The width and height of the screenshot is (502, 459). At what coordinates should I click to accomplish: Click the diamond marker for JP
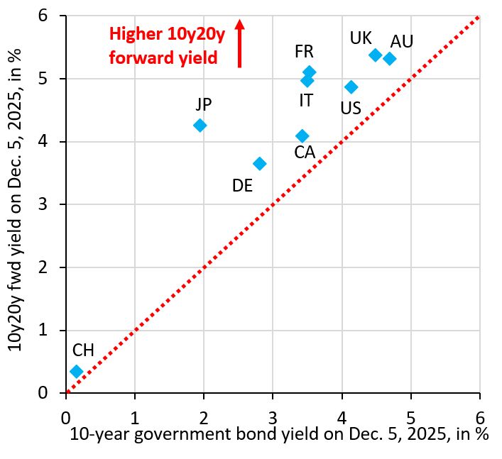tap(200, 126)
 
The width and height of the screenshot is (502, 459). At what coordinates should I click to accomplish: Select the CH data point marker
tap(77, 371)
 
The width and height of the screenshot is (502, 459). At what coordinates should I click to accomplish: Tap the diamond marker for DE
tap(260, 163)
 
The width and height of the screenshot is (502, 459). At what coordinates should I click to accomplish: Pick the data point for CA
tap(302, 136)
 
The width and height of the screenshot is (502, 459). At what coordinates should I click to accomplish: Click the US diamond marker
tap(351, 87)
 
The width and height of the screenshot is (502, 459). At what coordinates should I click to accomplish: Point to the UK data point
tap(376, 55)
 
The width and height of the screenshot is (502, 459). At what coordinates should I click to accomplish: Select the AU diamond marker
tap(390, 58)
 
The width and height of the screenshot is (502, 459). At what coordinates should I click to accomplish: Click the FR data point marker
tap(310, 72)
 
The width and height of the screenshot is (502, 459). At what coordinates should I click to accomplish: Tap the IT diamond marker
tap(307, 81)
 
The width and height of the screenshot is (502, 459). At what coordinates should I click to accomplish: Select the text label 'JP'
tap(204, 104)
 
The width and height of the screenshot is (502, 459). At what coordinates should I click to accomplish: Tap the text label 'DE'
tap(243, 186)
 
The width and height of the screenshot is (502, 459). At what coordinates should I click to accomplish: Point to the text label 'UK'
tap(361, 38)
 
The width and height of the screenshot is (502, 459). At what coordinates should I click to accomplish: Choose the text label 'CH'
tap(83, 350)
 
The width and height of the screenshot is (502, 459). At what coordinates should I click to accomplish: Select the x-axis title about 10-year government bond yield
tap(279, 435)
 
